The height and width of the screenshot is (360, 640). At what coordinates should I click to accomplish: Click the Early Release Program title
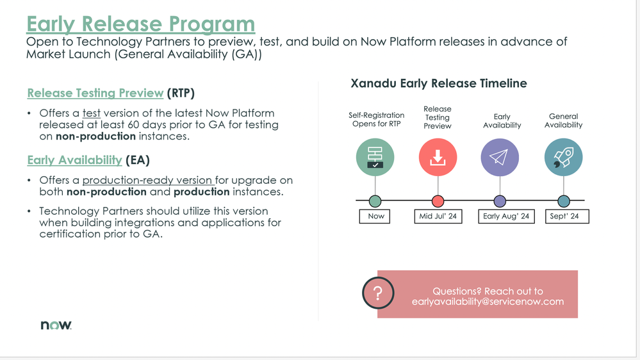click(x=140, y=24)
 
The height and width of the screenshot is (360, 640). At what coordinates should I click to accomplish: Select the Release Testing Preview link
click(x=95, y=93)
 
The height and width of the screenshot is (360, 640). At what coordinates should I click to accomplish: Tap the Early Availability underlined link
click(x=74, y=160)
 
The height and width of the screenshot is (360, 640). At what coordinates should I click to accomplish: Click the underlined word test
click(x=91, y=113)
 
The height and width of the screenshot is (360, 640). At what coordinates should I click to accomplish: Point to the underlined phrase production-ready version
click(x=147, y=180)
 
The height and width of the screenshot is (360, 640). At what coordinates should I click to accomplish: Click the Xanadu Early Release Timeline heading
click(x=439, y=83)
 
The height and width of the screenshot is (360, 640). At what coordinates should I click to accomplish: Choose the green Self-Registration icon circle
click(x=375, y=157)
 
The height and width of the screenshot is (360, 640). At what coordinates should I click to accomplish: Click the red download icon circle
click(x=438, y=157)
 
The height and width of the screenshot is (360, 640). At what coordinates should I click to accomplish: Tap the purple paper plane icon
click(x=500, y=157)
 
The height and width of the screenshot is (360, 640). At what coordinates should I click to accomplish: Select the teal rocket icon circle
click(x=563, y=157)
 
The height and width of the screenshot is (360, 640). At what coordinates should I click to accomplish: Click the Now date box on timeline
click(x=376, y=216)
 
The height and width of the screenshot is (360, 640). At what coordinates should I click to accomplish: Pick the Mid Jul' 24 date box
click(x=438, y=216)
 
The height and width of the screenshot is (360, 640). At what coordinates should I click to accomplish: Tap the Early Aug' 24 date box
click(x=506, y=216)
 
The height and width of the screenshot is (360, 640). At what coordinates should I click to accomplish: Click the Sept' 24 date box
click(x=564, y=216)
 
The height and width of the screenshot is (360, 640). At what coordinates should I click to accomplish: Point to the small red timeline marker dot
click(x=438, y=201)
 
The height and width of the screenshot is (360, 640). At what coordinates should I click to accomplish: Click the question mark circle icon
click(x=378, y=294)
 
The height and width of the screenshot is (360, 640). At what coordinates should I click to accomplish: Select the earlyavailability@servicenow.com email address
click(x=488, y=301)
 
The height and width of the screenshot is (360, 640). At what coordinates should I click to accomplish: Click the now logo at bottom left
click(x=56, y=325)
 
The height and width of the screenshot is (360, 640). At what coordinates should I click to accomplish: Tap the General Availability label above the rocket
click(x=563, y=120)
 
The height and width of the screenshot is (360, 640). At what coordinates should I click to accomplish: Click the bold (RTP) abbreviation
click(x=181, y=93)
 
